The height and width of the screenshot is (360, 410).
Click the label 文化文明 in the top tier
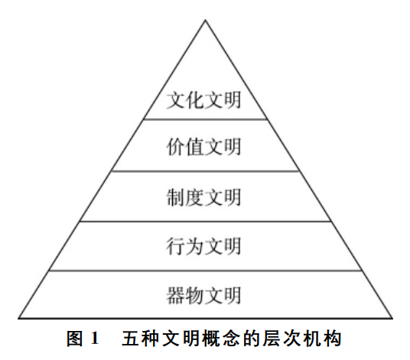point(203,100)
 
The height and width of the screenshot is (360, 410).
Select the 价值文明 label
point(203,147)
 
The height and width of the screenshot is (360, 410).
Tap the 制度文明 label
point(203,197)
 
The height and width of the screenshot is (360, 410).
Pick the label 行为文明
point(203,246)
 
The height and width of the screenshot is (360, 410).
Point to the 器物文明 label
point(203,295)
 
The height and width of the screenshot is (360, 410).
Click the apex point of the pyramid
point(206,20)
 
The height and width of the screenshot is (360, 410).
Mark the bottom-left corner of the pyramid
point(18,318)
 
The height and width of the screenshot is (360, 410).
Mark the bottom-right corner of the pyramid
point(392,318)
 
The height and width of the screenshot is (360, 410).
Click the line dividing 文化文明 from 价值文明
point(205,119)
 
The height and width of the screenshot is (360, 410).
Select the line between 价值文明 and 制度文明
point(205,171)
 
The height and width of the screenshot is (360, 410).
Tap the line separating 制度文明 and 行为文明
point(206,222)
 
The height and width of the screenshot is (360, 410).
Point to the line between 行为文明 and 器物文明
point(206,271)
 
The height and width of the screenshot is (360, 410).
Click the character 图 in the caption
point(75,339)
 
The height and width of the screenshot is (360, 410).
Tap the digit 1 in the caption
point(94,339)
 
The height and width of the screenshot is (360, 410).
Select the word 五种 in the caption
point(140,339)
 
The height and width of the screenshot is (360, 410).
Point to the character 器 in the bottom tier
point(175,295)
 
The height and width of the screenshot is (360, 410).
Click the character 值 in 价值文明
point(194,147)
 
